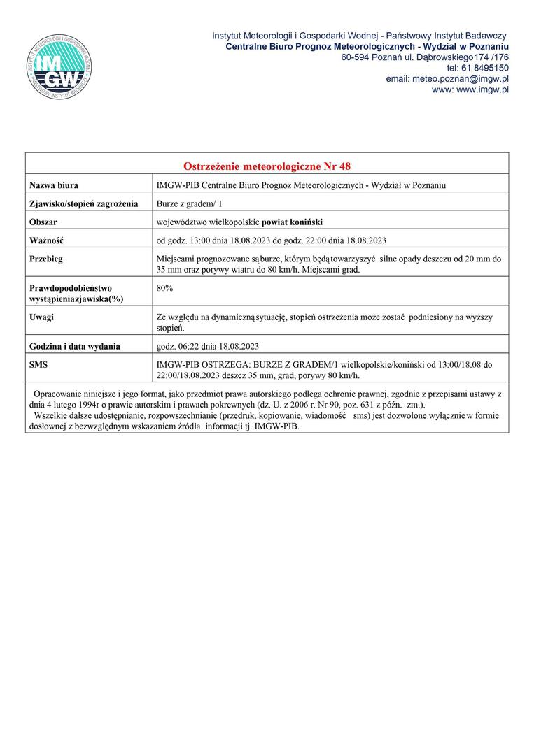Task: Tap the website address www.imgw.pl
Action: (470, 90)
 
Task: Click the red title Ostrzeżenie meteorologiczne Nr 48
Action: (267, 166)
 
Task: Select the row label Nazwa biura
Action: (54, 185)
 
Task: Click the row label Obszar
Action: (43, 222)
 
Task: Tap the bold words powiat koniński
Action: (292, 222)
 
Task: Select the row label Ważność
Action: (46, 240)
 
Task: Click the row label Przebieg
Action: (46, 259)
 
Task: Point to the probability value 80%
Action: (166, 287)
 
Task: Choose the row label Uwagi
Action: (42, 317)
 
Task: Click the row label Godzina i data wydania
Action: (75, 346)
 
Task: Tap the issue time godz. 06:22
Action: (178, 346)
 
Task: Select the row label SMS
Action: (38, 365)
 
